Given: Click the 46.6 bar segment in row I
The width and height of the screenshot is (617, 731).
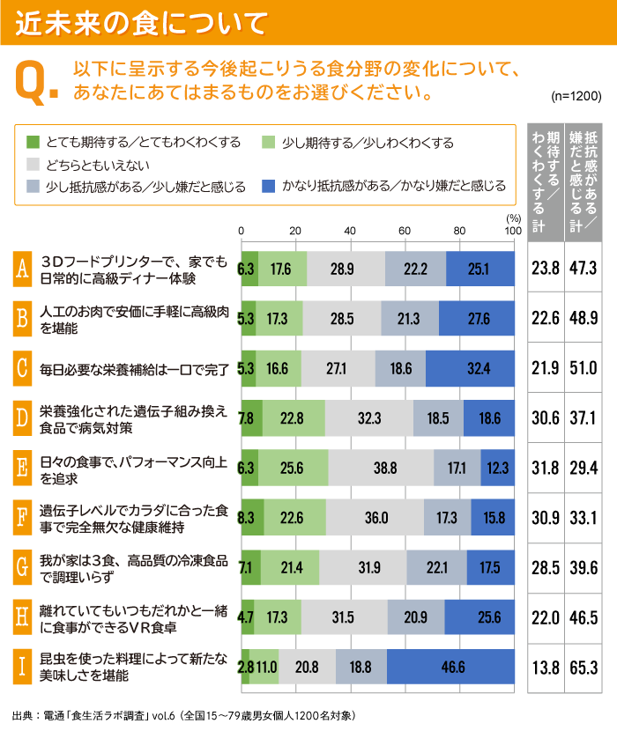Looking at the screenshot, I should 450,667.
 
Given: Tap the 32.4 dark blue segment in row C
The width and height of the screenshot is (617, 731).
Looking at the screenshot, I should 470,368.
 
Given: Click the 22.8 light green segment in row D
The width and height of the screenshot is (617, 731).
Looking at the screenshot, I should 294,418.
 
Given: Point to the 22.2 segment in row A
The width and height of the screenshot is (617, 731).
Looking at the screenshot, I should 415,269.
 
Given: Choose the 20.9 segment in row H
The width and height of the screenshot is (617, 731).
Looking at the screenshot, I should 415,617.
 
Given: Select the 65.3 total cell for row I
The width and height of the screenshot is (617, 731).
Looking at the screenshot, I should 583,667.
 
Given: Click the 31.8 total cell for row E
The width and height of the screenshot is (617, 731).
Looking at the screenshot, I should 545,468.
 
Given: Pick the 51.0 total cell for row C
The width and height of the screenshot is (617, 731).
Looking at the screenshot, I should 583,368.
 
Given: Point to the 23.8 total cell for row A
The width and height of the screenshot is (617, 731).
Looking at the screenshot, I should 545,269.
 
